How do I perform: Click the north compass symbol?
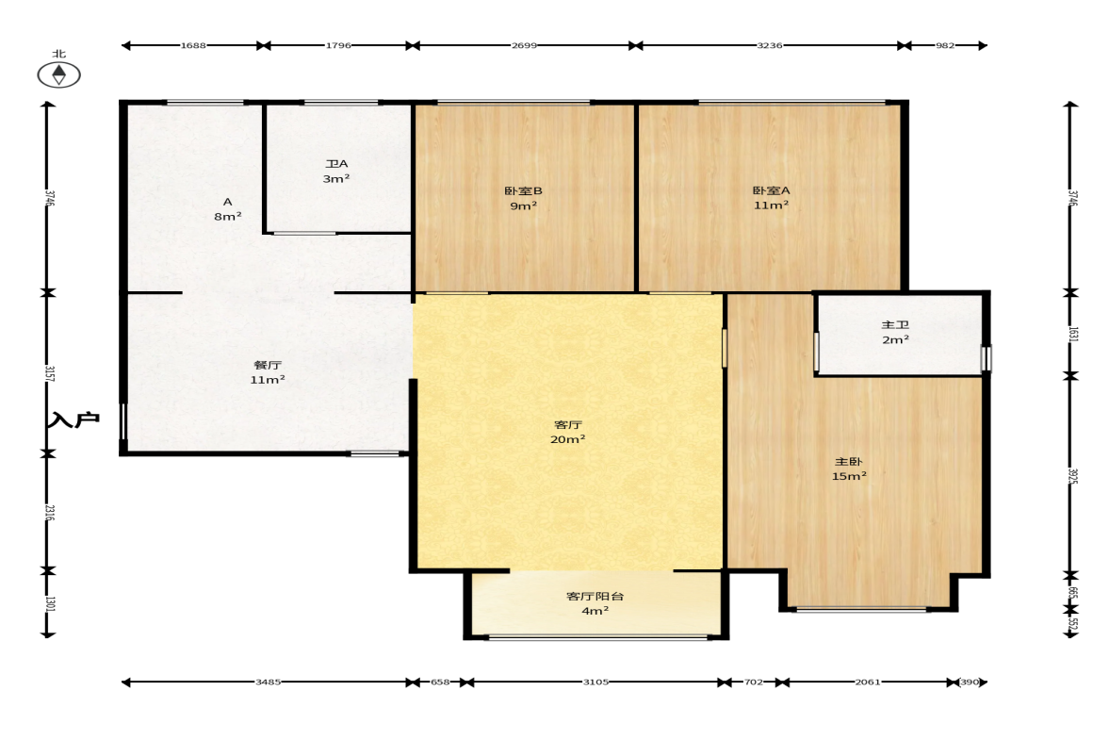click(x=58, y=74)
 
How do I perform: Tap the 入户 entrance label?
click(x=73, y=419)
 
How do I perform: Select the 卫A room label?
click(x=336, y=163)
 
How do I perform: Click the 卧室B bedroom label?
click(x=523, y=190)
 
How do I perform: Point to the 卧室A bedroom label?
click(x=771, y=190)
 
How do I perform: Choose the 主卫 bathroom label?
click(x=895, y=324)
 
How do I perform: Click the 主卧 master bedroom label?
click(x=849, y=461)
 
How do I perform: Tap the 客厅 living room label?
click(x=568, y=424)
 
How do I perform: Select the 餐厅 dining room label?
click(x=268, y=365)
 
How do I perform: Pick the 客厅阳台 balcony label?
click(x=595, y=596)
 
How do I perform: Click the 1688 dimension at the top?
click(x=193, y=45)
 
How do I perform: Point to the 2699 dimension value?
click(x=524, y=45)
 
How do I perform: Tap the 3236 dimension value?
click(x=770, y=45)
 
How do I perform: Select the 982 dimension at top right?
click(x=945, y=45)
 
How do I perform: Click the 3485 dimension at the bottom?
click(x=268, y=682)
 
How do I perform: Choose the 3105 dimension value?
click(x=595, y=682)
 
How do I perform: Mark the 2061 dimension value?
click(x=868, y=682)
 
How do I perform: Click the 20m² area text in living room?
click(x=568, y=439)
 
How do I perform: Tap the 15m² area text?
click(x=849, y=476)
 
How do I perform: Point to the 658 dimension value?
click(x=440, y=682)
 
